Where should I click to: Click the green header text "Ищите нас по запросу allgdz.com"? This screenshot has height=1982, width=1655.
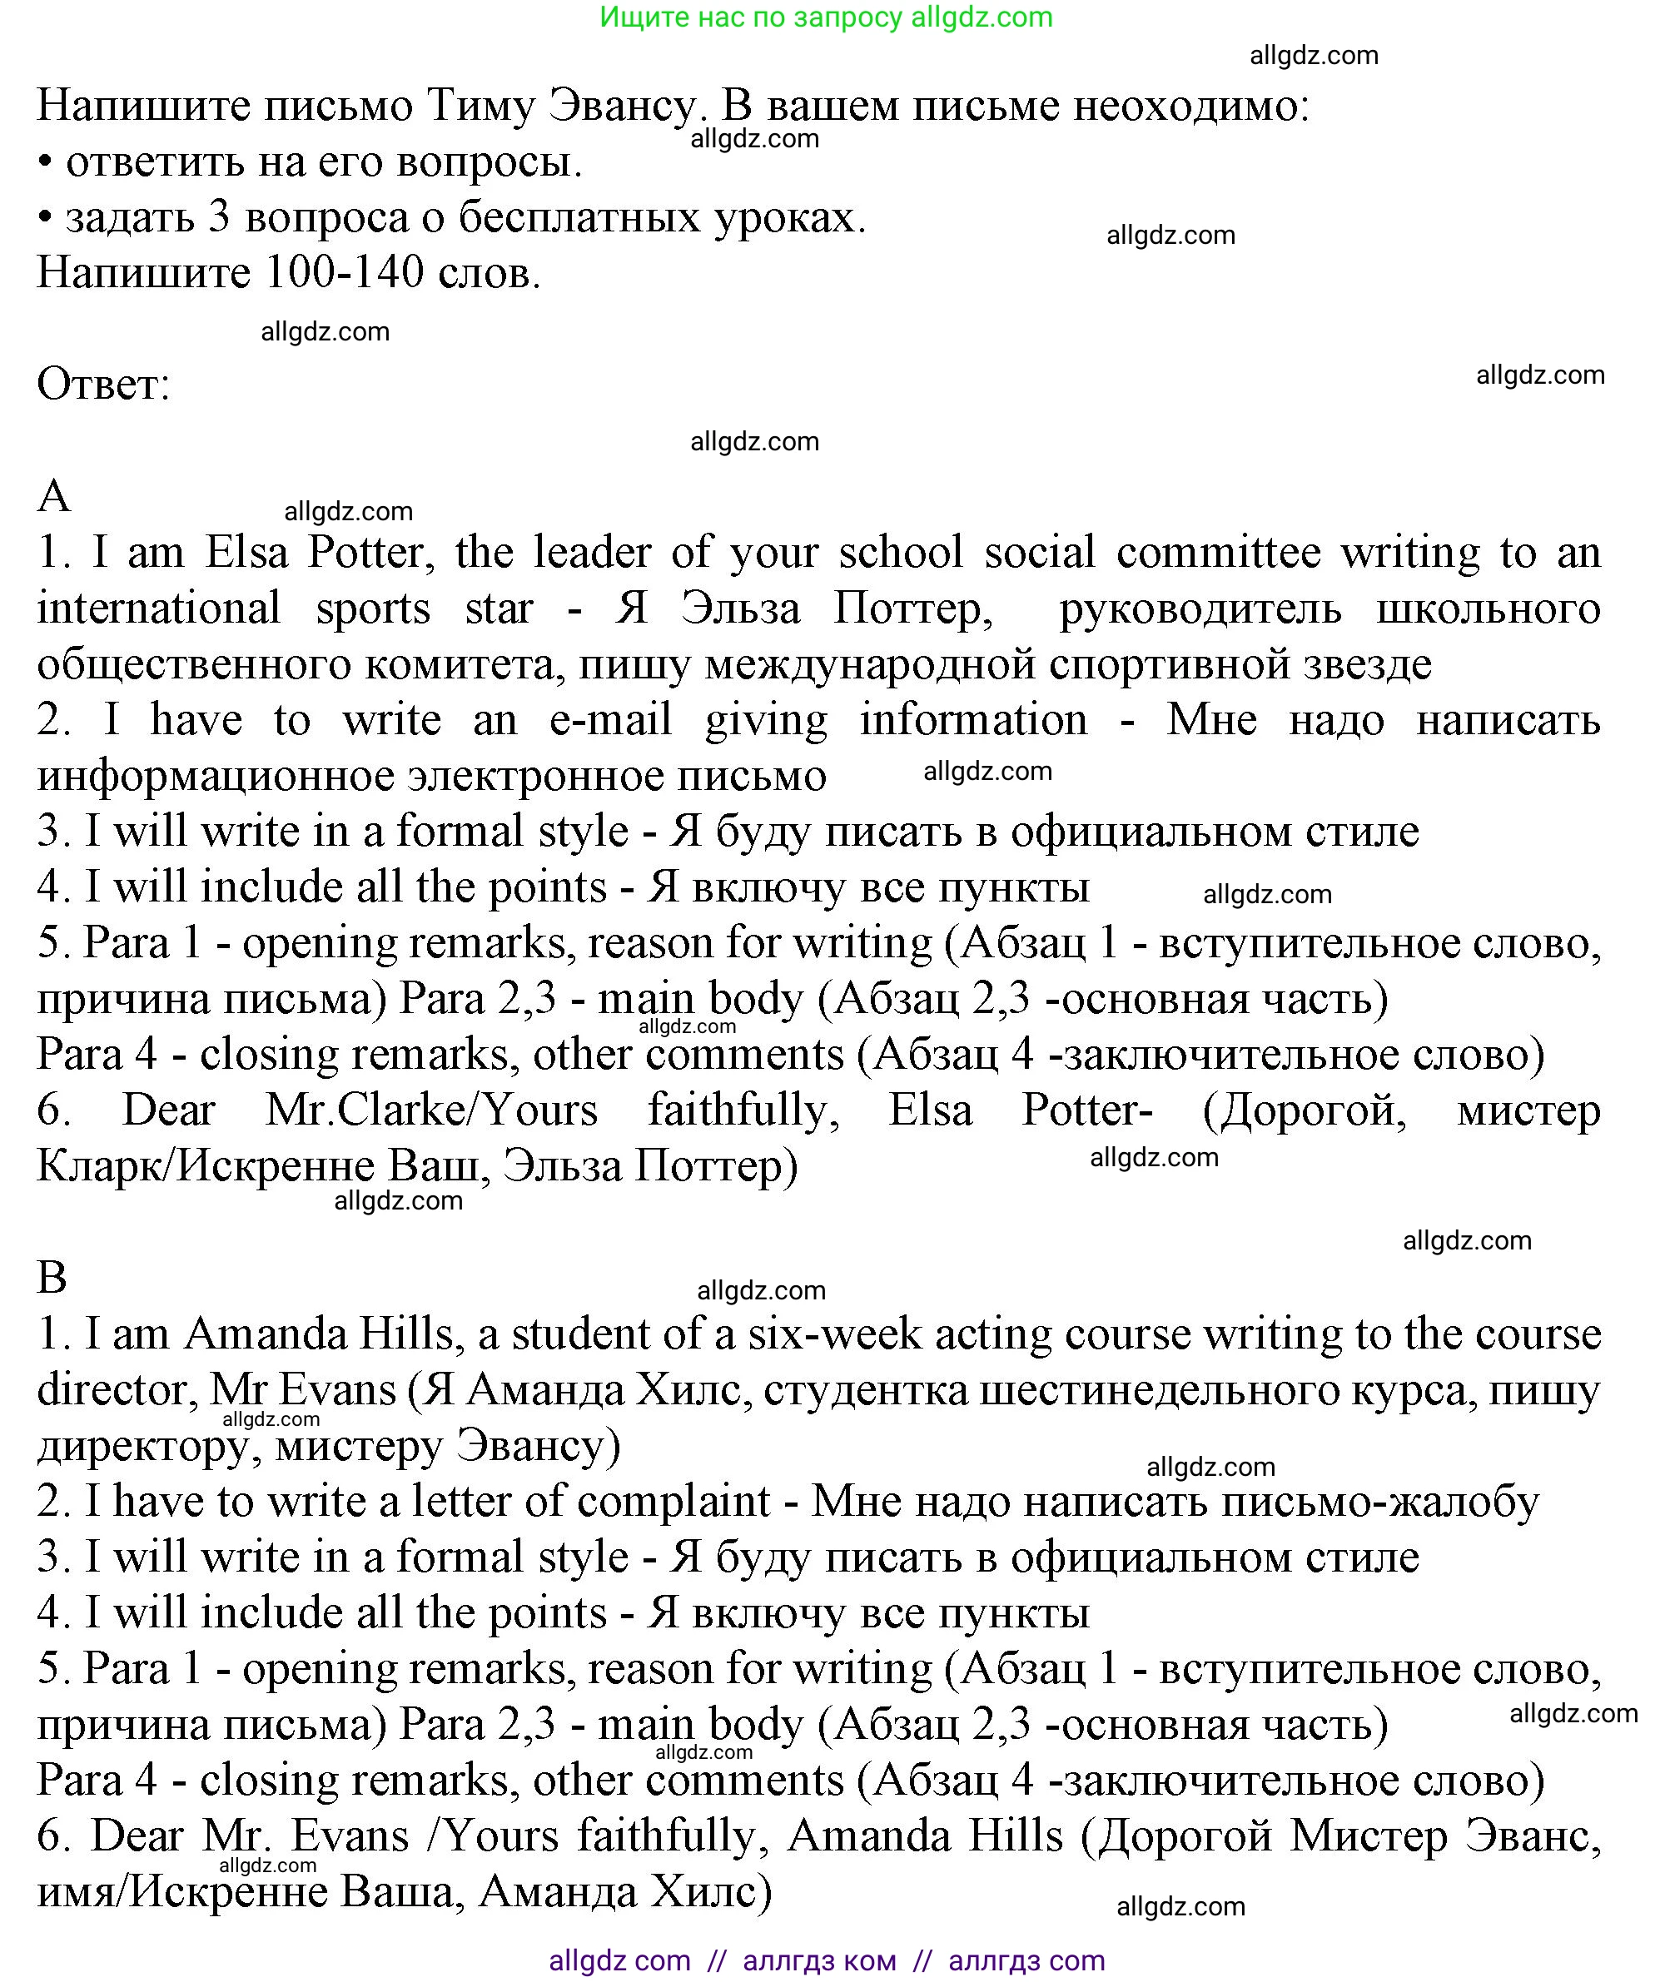point(826,17)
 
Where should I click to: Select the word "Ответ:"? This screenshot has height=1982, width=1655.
point(104,384)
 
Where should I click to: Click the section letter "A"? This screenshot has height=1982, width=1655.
point(54,495)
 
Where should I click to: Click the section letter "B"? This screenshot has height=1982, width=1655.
point(52,1278)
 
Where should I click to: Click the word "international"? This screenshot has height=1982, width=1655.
point(159,608)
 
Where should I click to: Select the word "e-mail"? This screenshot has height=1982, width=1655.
point(610,720)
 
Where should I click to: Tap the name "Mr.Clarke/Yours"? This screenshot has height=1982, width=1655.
point(431,1110)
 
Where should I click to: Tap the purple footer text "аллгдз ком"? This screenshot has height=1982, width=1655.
point(818,1960)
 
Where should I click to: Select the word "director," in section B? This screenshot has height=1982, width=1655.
point(116,1389)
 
